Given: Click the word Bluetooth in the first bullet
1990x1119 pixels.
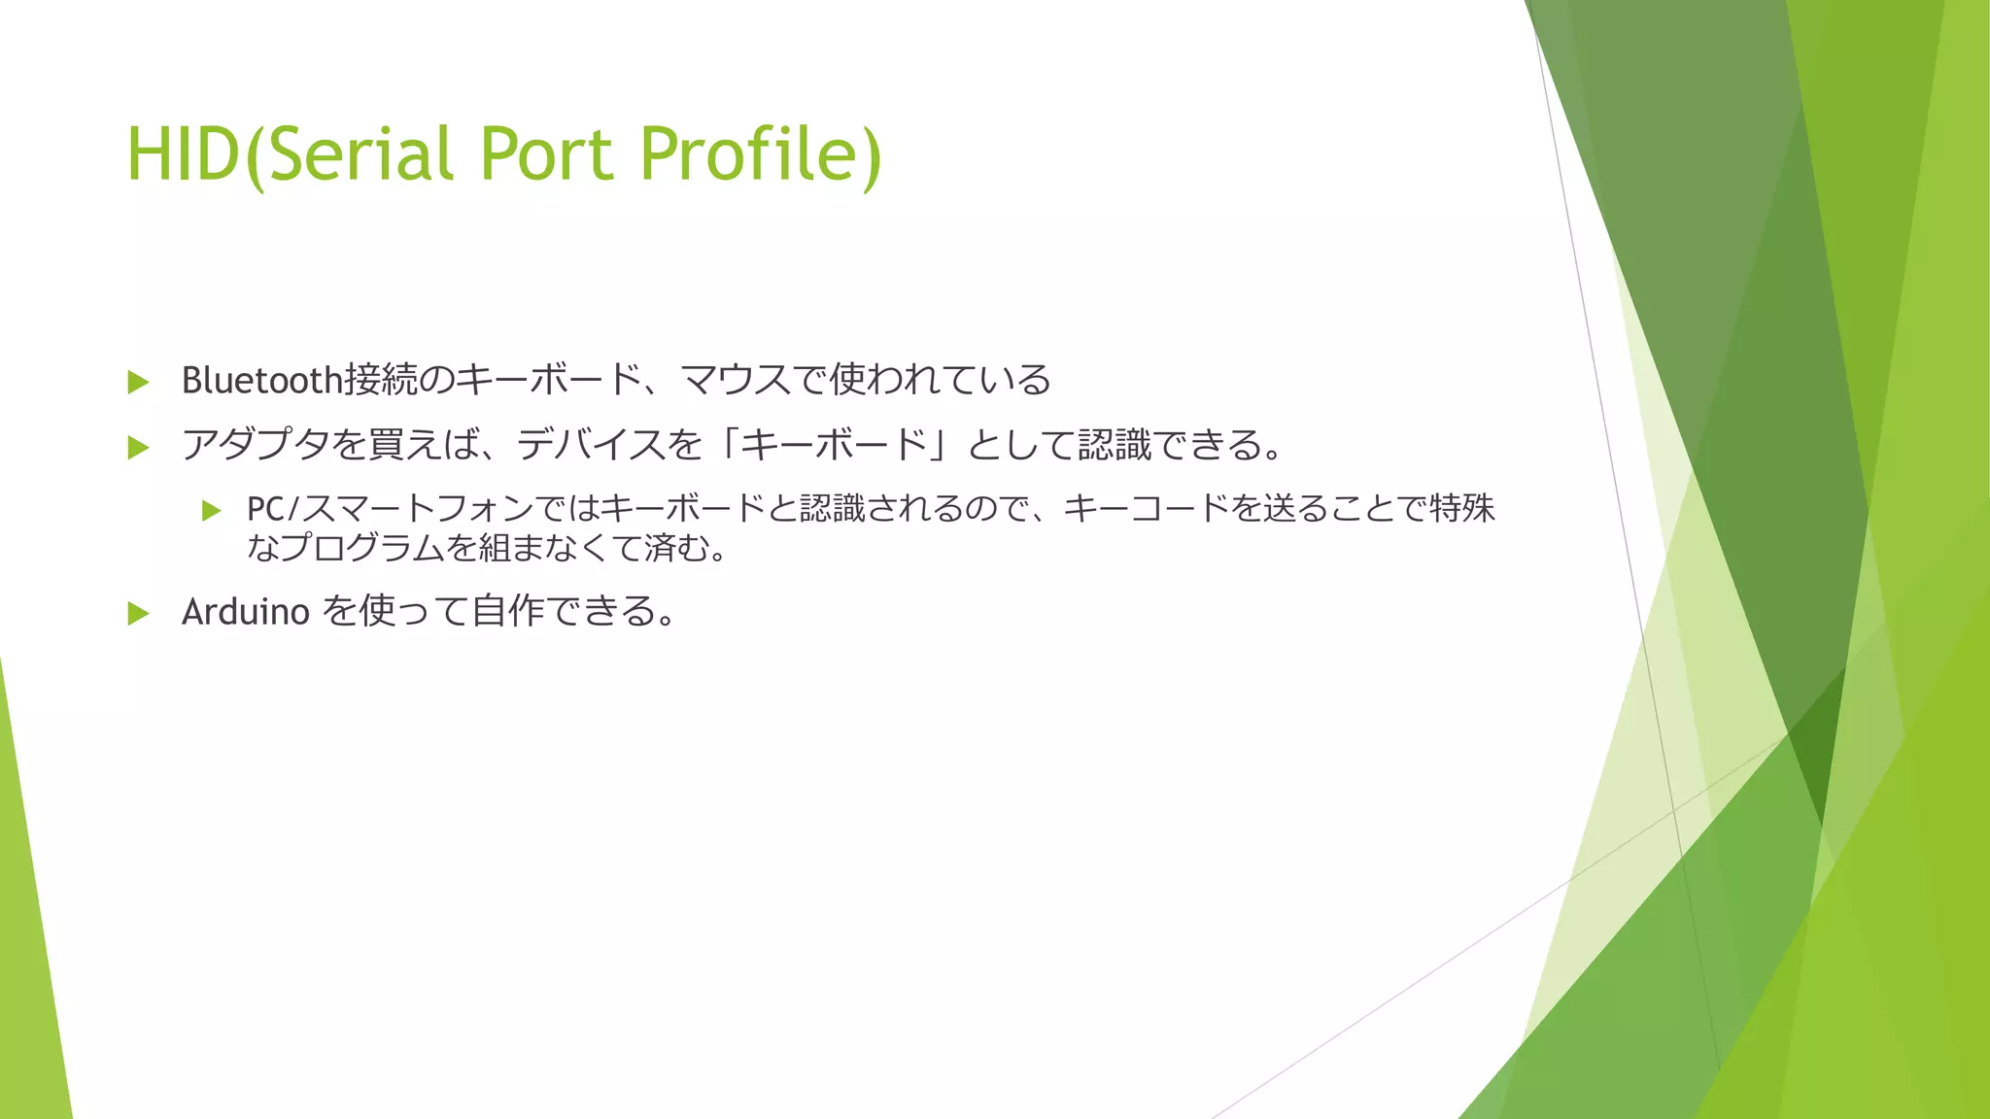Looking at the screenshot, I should pos(261,380).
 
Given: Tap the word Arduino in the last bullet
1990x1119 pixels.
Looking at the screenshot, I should pos(246,612).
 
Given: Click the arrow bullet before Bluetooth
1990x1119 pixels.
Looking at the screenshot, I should pos(139,382).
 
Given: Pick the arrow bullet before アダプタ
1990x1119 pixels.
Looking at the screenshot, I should pos(139,448).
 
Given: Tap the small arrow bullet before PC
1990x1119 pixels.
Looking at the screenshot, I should pos(212,511).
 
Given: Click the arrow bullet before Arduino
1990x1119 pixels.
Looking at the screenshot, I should pos(139,613).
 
